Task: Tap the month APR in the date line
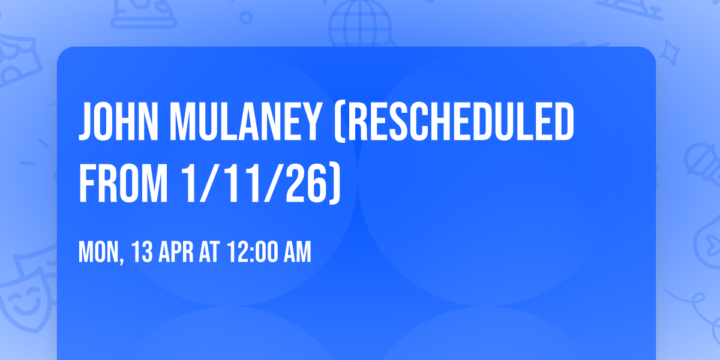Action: click(x=176, y=253)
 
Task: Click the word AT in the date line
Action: click(x=210, y=253)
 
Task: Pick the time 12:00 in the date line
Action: click(x=252, y=253)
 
